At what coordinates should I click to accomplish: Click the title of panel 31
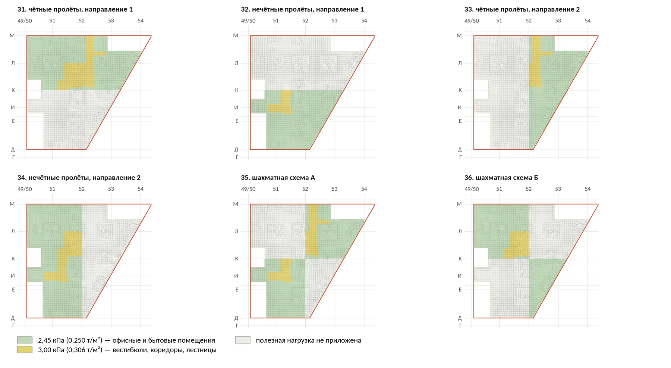[x=75, y=9]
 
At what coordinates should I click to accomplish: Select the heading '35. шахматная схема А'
[x=278, y=178]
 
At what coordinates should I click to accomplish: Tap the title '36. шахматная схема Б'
[x=501, y=178]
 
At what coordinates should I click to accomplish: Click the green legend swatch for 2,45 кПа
[x=25, y=340]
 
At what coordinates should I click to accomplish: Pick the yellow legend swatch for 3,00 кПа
[x=25, y=350]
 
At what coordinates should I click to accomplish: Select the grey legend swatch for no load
[x=242, y=340]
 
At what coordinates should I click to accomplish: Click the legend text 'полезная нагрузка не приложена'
[x=308, y=340]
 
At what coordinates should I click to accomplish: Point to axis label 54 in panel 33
[x=587, y=21]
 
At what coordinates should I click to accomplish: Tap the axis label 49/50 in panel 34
[x=25, y=189]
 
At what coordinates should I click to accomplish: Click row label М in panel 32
[x=236, y=35]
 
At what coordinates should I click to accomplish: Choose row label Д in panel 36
[x=460, y=318]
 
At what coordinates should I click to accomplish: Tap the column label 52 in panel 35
[x=305, y=189]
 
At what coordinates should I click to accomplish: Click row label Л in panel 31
[x=13, y=63]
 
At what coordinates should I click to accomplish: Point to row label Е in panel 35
[x=237, y=289]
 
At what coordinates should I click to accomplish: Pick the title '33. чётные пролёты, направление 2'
[x=522, y=9]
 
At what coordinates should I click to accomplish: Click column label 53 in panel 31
[x=111, y=21]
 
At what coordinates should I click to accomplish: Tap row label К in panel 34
[x=13, y=258]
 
